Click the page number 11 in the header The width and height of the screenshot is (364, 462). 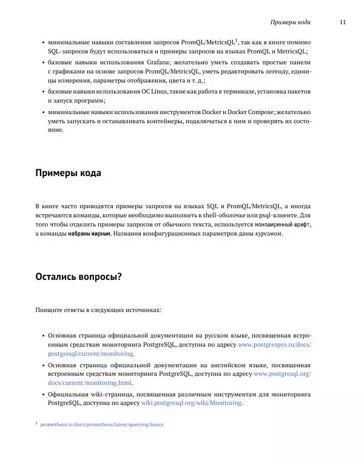coord(343,22)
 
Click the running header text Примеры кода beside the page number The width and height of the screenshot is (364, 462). coord(291,22)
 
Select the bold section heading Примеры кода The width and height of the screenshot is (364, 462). coord(69,173)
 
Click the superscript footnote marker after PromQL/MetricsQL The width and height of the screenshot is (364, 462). coord(237,40)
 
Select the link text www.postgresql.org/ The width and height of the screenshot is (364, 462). coord(281,374)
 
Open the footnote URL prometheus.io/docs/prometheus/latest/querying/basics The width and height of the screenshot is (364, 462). coord(101,425)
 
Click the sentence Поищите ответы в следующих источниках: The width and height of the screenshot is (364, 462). coord(99,310)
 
